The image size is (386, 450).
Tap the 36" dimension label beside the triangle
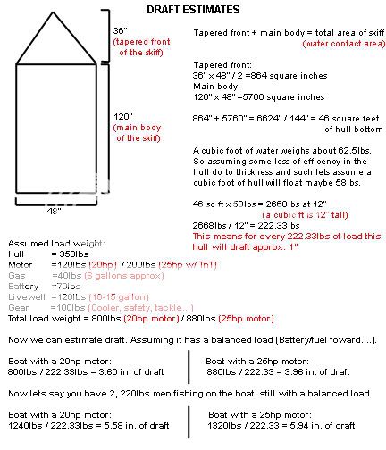(x=120, y=30)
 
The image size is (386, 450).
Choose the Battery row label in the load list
(x=23, y=287)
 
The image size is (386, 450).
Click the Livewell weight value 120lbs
(x=71, y=297)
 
